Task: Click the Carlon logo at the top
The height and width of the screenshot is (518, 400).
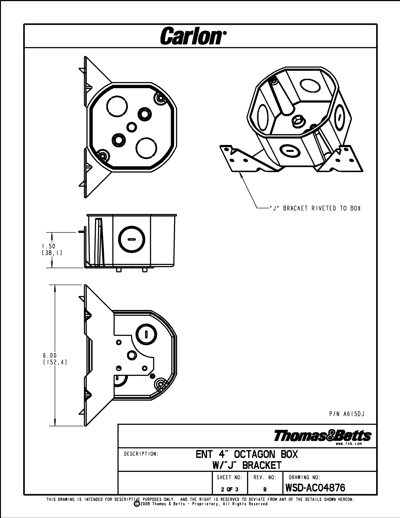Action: [193, 36]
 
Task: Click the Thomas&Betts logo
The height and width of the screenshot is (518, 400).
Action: [323, 436]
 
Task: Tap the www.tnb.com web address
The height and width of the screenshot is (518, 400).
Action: [349, 444]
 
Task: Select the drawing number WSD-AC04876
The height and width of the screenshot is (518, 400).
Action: [315, 488]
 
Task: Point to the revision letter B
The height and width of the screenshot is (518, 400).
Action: [265, 489]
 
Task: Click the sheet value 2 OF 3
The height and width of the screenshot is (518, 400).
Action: [230, 489]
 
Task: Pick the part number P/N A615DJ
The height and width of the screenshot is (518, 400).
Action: [347, 414]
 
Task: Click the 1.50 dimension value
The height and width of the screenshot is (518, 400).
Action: [48, 246]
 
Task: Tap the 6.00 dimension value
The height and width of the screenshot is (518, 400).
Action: [50, 355]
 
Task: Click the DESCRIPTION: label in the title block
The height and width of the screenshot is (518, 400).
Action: [141, 454]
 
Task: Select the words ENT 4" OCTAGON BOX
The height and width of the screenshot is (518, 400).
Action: [247, 454]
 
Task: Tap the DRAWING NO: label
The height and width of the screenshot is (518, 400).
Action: [304, 477]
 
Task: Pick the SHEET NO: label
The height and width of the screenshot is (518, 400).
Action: [230, 477]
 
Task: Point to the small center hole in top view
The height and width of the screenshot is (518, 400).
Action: [131, 127]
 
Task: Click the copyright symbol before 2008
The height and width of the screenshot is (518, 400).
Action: [137, 504]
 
